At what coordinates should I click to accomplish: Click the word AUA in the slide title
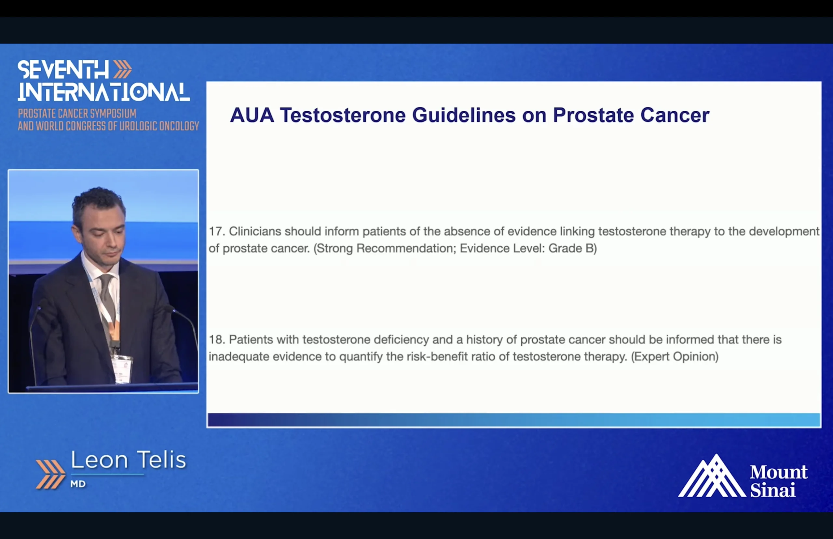pos(252,115)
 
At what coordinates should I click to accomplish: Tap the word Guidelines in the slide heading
pos(464,115)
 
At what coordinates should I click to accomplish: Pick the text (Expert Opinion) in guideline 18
pos(675,357)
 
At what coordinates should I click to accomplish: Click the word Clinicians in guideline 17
pos(255,232)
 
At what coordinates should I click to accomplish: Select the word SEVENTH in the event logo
pos(63,70)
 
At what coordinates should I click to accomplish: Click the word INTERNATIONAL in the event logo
pos(104,92)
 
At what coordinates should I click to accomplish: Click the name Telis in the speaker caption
pos(161,460)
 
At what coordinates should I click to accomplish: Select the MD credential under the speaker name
pos(78,484)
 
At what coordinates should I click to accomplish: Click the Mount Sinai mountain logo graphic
pos(712,476)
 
